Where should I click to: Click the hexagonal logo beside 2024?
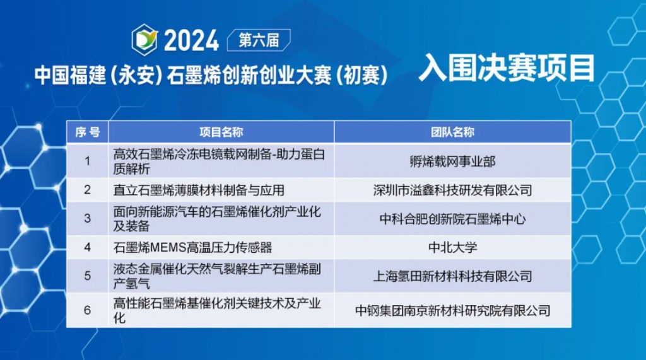tap(144, 40)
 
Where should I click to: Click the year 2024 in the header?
tap(192, 40)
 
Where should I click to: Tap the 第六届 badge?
tap(259, 40)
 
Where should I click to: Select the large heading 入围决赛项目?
tap(507, 68)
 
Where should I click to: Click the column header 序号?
tap(87, 132)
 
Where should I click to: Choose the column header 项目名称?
tap(221, 132)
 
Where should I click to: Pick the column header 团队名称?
tap(452, 132)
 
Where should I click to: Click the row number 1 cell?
tap(87, 161)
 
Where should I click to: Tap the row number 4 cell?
tap(87, 247)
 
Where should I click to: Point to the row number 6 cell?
tap(87, 310)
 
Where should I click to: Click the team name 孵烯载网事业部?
tap(452, 161)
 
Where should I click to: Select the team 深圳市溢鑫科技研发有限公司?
tap(452, 190)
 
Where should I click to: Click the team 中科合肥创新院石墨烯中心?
tap(452, 219)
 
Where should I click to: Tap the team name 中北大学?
tap(452, 248)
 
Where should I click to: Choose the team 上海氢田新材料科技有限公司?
tap(452, 276)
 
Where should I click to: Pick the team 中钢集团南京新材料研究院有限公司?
tap(452, 311)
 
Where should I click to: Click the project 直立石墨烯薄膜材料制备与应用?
tap(199, 190)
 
